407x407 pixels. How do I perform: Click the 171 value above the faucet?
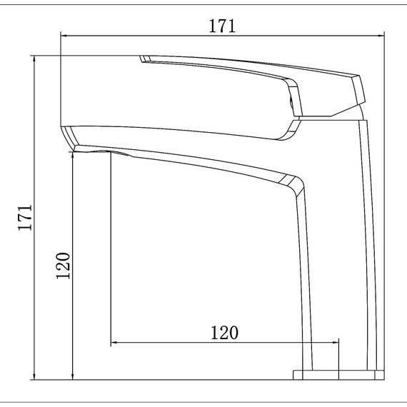click(222, 26)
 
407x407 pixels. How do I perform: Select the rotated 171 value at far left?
click(25, 217)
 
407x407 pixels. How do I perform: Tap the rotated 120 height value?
click(64, 266)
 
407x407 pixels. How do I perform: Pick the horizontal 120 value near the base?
click(223, 333)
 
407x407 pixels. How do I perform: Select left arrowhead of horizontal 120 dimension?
click(113, 343)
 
